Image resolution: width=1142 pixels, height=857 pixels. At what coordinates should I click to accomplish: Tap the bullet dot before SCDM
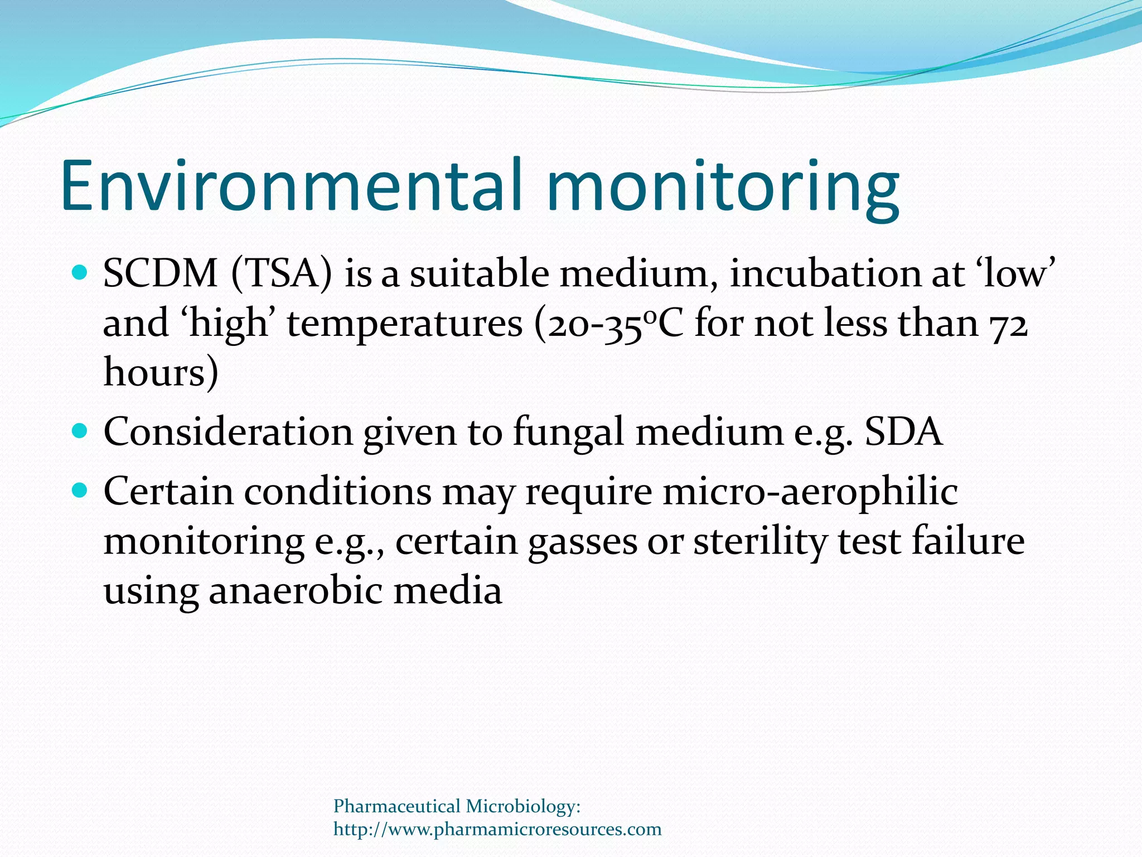(x=80, y=273)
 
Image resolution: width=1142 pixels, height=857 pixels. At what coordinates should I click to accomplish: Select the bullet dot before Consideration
(x=80, y=431)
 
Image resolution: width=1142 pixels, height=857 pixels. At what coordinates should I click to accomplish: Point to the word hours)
(x=161, y=372)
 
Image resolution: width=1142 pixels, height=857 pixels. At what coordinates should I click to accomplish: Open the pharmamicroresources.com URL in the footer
(x=497, y=829)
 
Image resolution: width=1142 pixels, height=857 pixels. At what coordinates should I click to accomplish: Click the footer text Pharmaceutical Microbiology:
(x=457, y=806)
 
